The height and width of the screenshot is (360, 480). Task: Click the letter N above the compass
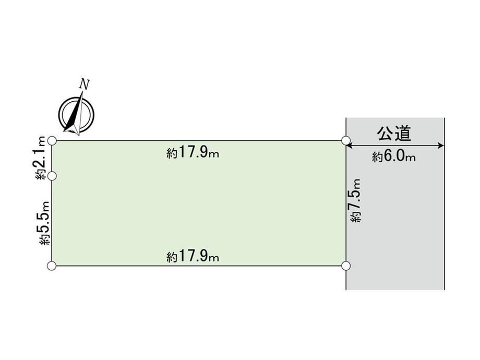(84, 84)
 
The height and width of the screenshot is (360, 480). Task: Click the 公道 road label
(394, 134)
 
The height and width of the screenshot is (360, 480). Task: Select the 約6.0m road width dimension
(394, 157)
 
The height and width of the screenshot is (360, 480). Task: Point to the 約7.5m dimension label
(355, 200)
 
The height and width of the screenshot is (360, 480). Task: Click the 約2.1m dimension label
(40, 158)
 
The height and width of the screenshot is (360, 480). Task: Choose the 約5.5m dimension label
(44, 223)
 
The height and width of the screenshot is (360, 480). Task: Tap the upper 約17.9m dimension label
(193, 152)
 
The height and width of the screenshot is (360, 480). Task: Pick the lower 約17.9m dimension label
(193, 256)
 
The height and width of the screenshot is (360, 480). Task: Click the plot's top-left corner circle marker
(52, 141)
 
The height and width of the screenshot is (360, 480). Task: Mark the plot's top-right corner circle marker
(346, 140)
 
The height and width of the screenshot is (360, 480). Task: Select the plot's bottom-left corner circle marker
(52, 266)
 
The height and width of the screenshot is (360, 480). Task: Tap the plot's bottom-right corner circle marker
(346, 266)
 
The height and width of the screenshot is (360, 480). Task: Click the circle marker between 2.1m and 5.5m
(52, 176)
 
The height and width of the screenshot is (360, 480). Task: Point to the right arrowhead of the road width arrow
(441, 146)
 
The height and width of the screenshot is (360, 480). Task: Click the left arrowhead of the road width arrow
(350, 146)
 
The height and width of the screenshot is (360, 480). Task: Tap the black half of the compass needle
(74, 115)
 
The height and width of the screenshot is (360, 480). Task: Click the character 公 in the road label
(385, 134)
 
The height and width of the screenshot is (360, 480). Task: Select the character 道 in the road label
(403, 134)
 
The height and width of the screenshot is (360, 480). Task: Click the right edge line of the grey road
(444, 203)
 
